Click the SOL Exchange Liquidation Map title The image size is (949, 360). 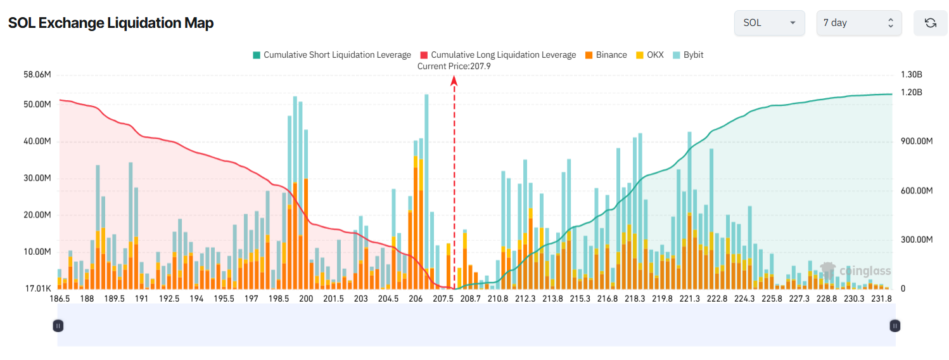[x=111, y=23]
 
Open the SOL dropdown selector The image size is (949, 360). [x=769, y=23]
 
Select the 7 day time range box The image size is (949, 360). [x=858, y=23]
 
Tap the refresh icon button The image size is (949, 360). [x=930, y=23]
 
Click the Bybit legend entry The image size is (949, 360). [x=687, y=55]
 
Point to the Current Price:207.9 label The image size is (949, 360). [x=454, y=66]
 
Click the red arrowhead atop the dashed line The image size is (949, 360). [x=454, y=80]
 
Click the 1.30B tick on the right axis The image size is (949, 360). [x=912, y=75]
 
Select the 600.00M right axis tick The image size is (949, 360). [x=917, y=191]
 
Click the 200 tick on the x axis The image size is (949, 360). [x=306, y=299]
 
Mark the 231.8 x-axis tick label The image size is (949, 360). [x=881, y=299]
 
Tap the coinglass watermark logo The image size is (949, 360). [x=856, y=271]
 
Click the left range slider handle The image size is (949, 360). [x=58, y=326]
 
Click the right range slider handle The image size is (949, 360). [x=895, y=326]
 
